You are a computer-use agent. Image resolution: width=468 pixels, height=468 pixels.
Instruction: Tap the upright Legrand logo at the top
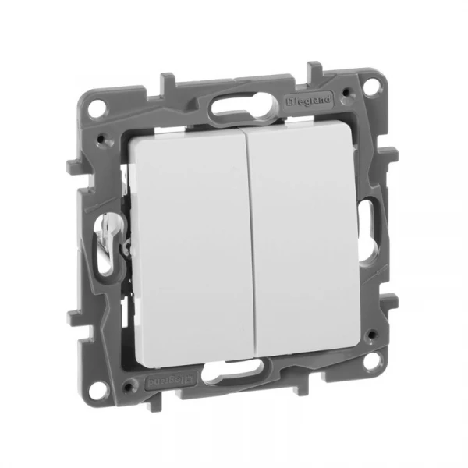[x=309, y=100]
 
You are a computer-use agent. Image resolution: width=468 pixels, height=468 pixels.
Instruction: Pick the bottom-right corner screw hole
[x=370, y=361]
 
